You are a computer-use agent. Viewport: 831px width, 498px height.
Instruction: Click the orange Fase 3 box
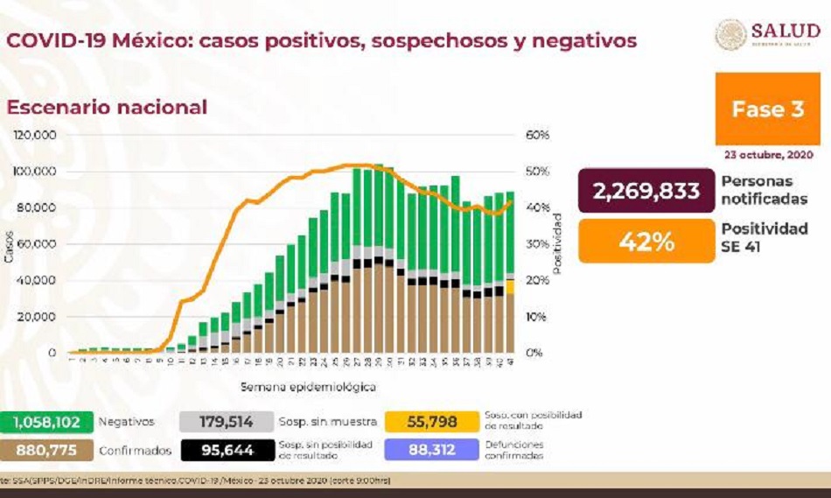767,109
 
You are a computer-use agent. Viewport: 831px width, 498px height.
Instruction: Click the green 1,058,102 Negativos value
46,422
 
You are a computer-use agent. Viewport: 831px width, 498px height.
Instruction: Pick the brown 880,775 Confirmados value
46,450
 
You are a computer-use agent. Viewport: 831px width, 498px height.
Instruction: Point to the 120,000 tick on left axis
36,136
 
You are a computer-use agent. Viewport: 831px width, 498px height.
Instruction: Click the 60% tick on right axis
537,136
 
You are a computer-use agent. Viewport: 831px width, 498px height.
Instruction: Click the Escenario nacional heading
108,108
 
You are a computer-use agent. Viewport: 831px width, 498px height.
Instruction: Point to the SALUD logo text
785,32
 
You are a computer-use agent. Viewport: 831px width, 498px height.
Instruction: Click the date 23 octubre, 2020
767,155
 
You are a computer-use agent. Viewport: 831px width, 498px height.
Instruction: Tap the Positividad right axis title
557,244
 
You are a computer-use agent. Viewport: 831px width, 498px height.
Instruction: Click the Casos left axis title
9,245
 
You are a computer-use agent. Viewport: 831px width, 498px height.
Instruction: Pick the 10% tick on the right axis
537,317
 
